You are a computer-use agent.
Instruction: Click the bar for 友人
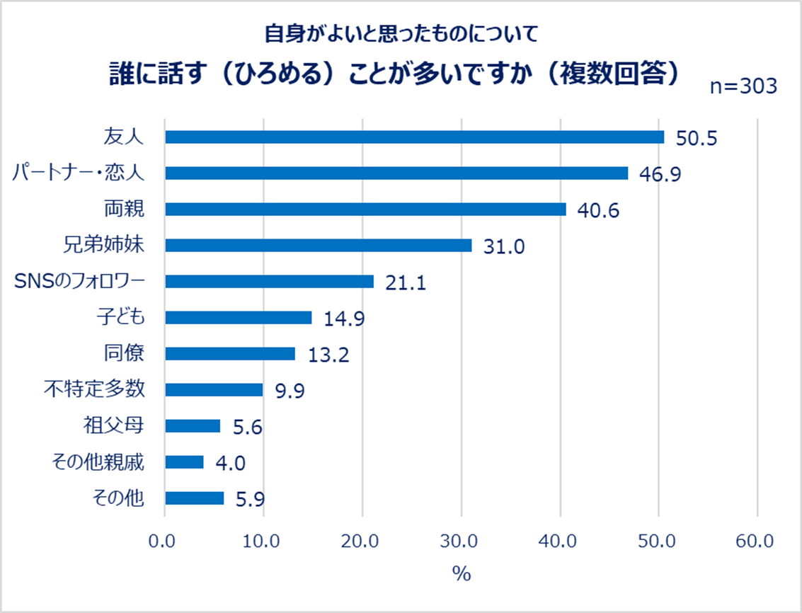tap(414, 137)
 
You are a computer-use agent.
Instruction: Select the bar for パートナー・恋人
tap(396, 173)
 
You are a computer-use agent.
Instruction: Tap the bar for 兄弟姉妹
tap(318, 245)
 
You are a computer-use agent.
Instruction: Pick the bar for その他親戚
tap(184, 462)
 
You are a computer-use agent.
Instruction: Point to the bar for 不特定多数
tap(214, 390)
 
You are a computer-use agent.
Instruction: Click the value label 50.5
tap(697, 137)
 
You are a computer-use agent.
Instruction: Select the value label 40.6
tap(599, 210)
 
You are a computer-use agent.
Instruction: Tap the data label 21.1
tap(406, 282)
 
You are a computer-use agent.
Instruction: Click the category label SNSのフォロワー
tap(79, 281)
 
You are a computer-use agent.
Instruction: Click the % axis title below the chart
tap(461, 573)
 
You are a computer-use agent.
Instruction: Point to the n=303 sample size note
tap(743, 86)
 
